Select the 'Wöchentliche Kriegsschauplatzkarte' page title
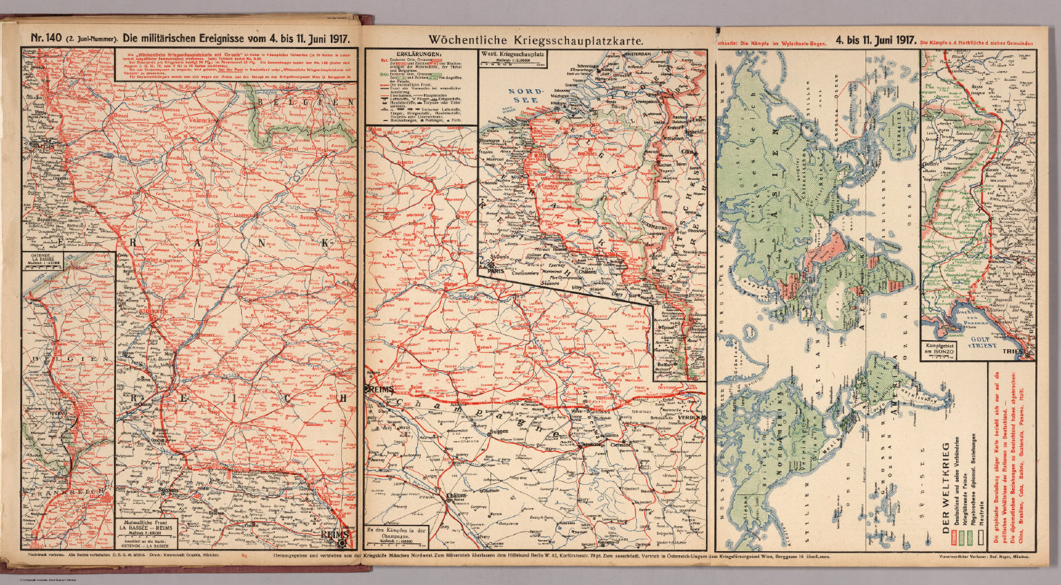(x=536, y=39)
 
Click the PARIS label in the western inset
(x=496, y=272)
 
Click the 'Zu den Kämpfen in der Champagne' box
(x=399, y=535)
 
